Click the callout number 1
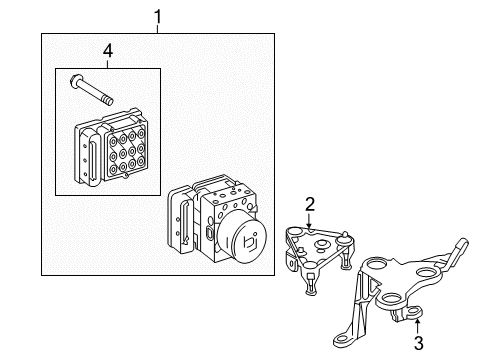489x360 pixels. click(x=157, y=17)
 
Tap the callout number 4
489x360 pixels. click(x=108, y=51)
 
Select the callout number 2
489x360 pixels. click(x=310, y=204)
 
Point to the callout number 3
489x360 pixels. click(x=419, y=343)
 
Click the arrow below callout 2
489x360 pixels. click(x=310, y=221)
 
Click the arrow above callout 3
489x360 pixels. click(x=417, y=326)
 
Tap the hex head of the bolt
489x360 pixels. click(x=75, y=82)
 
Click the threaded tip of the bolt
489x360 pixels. click(x=108, y=100)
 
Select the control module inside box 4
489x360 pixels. click(x=111, y=146)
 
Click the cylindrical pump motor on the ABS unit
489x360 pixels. click(x=242, y=237)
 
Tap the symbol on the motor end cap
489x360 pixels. click(x=251, y=242)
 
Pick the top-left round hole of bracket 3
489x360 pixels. click(x=378, y=265)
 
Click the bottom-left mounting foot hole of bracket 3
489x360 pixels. click(x=341, y=340)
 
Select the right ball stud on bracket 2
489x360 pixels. click(x=344, y=237)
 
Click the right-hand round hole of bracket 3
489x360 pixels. click(x=427, y=273)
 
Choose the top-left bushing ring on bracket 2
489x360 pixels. click(x=294, y=231)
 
